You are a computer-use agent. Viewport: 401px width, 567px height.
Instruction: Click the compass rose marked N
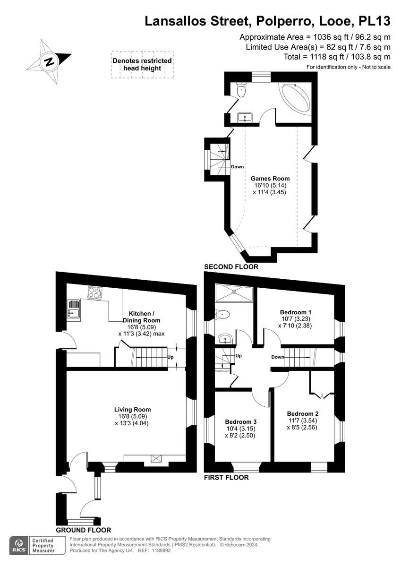[x=49, y=61]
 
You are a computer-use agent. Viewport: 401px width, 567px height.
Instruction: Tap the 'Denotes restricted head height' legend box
[x=142, y=65]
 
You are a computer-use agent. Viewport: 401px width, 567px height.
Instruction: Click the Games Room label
[x=270, y=179]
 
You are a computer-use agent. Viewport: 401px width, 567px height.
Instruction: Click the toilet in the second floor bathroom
[x=241, y=90]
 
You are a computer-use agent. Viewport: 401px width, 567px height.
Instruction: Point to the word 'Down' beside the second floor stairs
[x=237, y=167]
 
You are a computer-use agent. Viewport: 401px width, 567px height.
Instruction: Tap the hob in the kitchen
[x=95, y=294]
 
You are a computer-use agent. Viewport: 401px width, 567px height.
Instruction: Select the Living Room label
[x=132, y=410]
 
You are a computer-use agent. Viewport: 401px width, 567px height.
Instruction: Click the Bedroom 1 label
[x=295, y=312]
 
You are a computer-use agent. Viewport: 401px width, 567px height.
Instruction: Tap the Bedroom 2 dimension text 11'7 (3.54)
[x=302, y=421]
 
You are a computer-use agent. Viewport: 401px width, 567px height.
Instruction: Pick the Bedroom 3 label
[x=240, y=422]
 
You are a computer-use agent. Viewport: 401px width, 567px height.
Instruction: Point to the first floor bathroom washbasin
[x=225, y=338]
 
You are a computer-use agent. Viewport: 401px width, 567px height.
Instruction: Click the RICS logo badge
[x=19, y=545]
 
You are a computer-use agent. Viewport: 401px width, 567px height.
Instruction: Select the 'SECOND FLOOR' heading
[x=231, y=267]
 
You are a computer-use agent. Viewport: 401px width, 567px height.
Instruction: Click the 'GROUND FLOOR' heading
[x=83, y=530]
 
